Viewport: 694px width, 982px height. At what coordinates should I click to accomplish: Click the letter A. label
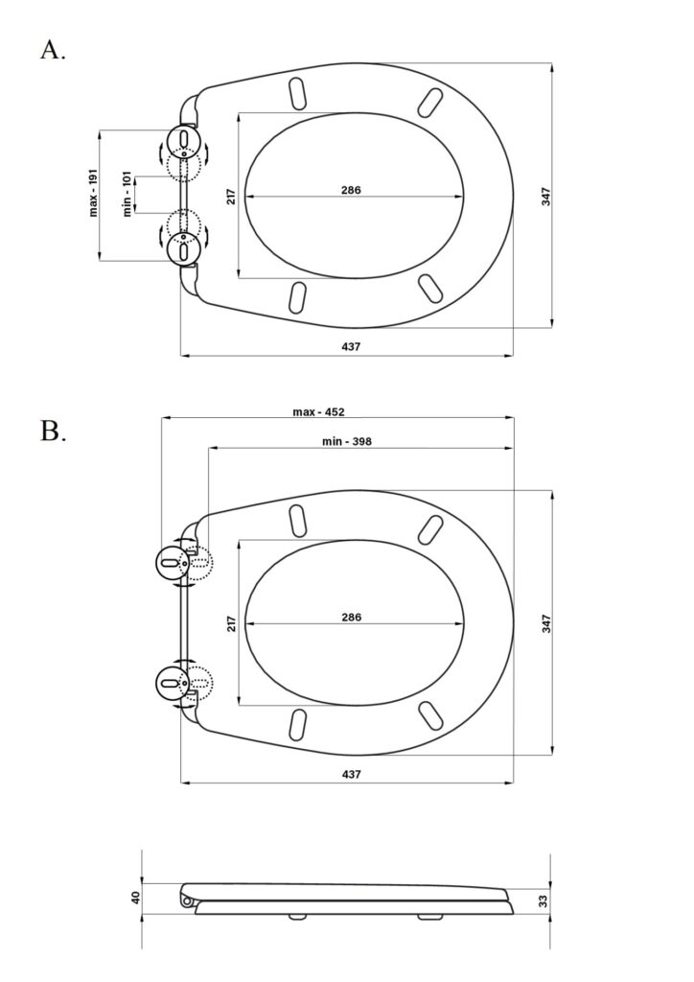click(53, 50)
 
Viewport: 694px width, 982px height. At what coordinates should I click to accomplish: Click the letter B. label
click(53, 432)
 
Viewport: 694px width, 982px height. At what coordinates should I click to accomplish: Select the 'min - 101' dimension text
click(127, 195)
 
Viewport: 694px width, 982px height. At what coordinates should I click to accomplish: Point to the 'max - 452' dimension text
click(318, 412)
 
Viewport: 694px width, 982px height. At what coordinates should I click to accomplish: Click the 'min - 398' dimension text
click(346, 441)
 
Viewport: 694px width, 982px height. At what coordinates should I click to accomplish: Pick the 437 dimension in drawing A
click(351, 346)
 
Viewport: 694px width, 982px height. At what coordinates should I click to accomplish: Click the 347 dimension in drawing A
click(544, 196)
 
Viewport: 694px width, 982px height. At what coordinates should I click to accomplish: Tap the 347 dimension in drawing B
click(544, 623)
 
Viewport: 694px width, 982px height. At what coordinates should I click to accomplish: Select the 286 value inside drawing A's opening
click(351, 190)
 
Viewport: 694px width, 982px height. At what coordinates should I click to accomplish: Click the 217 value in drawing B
click(231, 624)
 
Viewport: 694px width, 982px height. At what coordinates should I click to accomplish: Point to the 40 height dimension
click(135, 899)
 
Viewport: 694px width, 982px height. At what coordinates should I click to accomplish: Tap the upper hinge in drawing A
click(181, 141)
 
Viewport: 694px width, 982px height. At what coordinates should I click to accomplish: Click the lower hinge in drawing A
click(181, 248)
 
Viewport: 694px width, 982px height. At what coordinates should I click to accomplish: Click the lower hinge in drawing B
click(173, 683)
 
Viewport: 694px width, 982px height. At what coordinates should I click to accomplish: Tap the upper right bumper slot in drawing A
click(431, 101)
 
